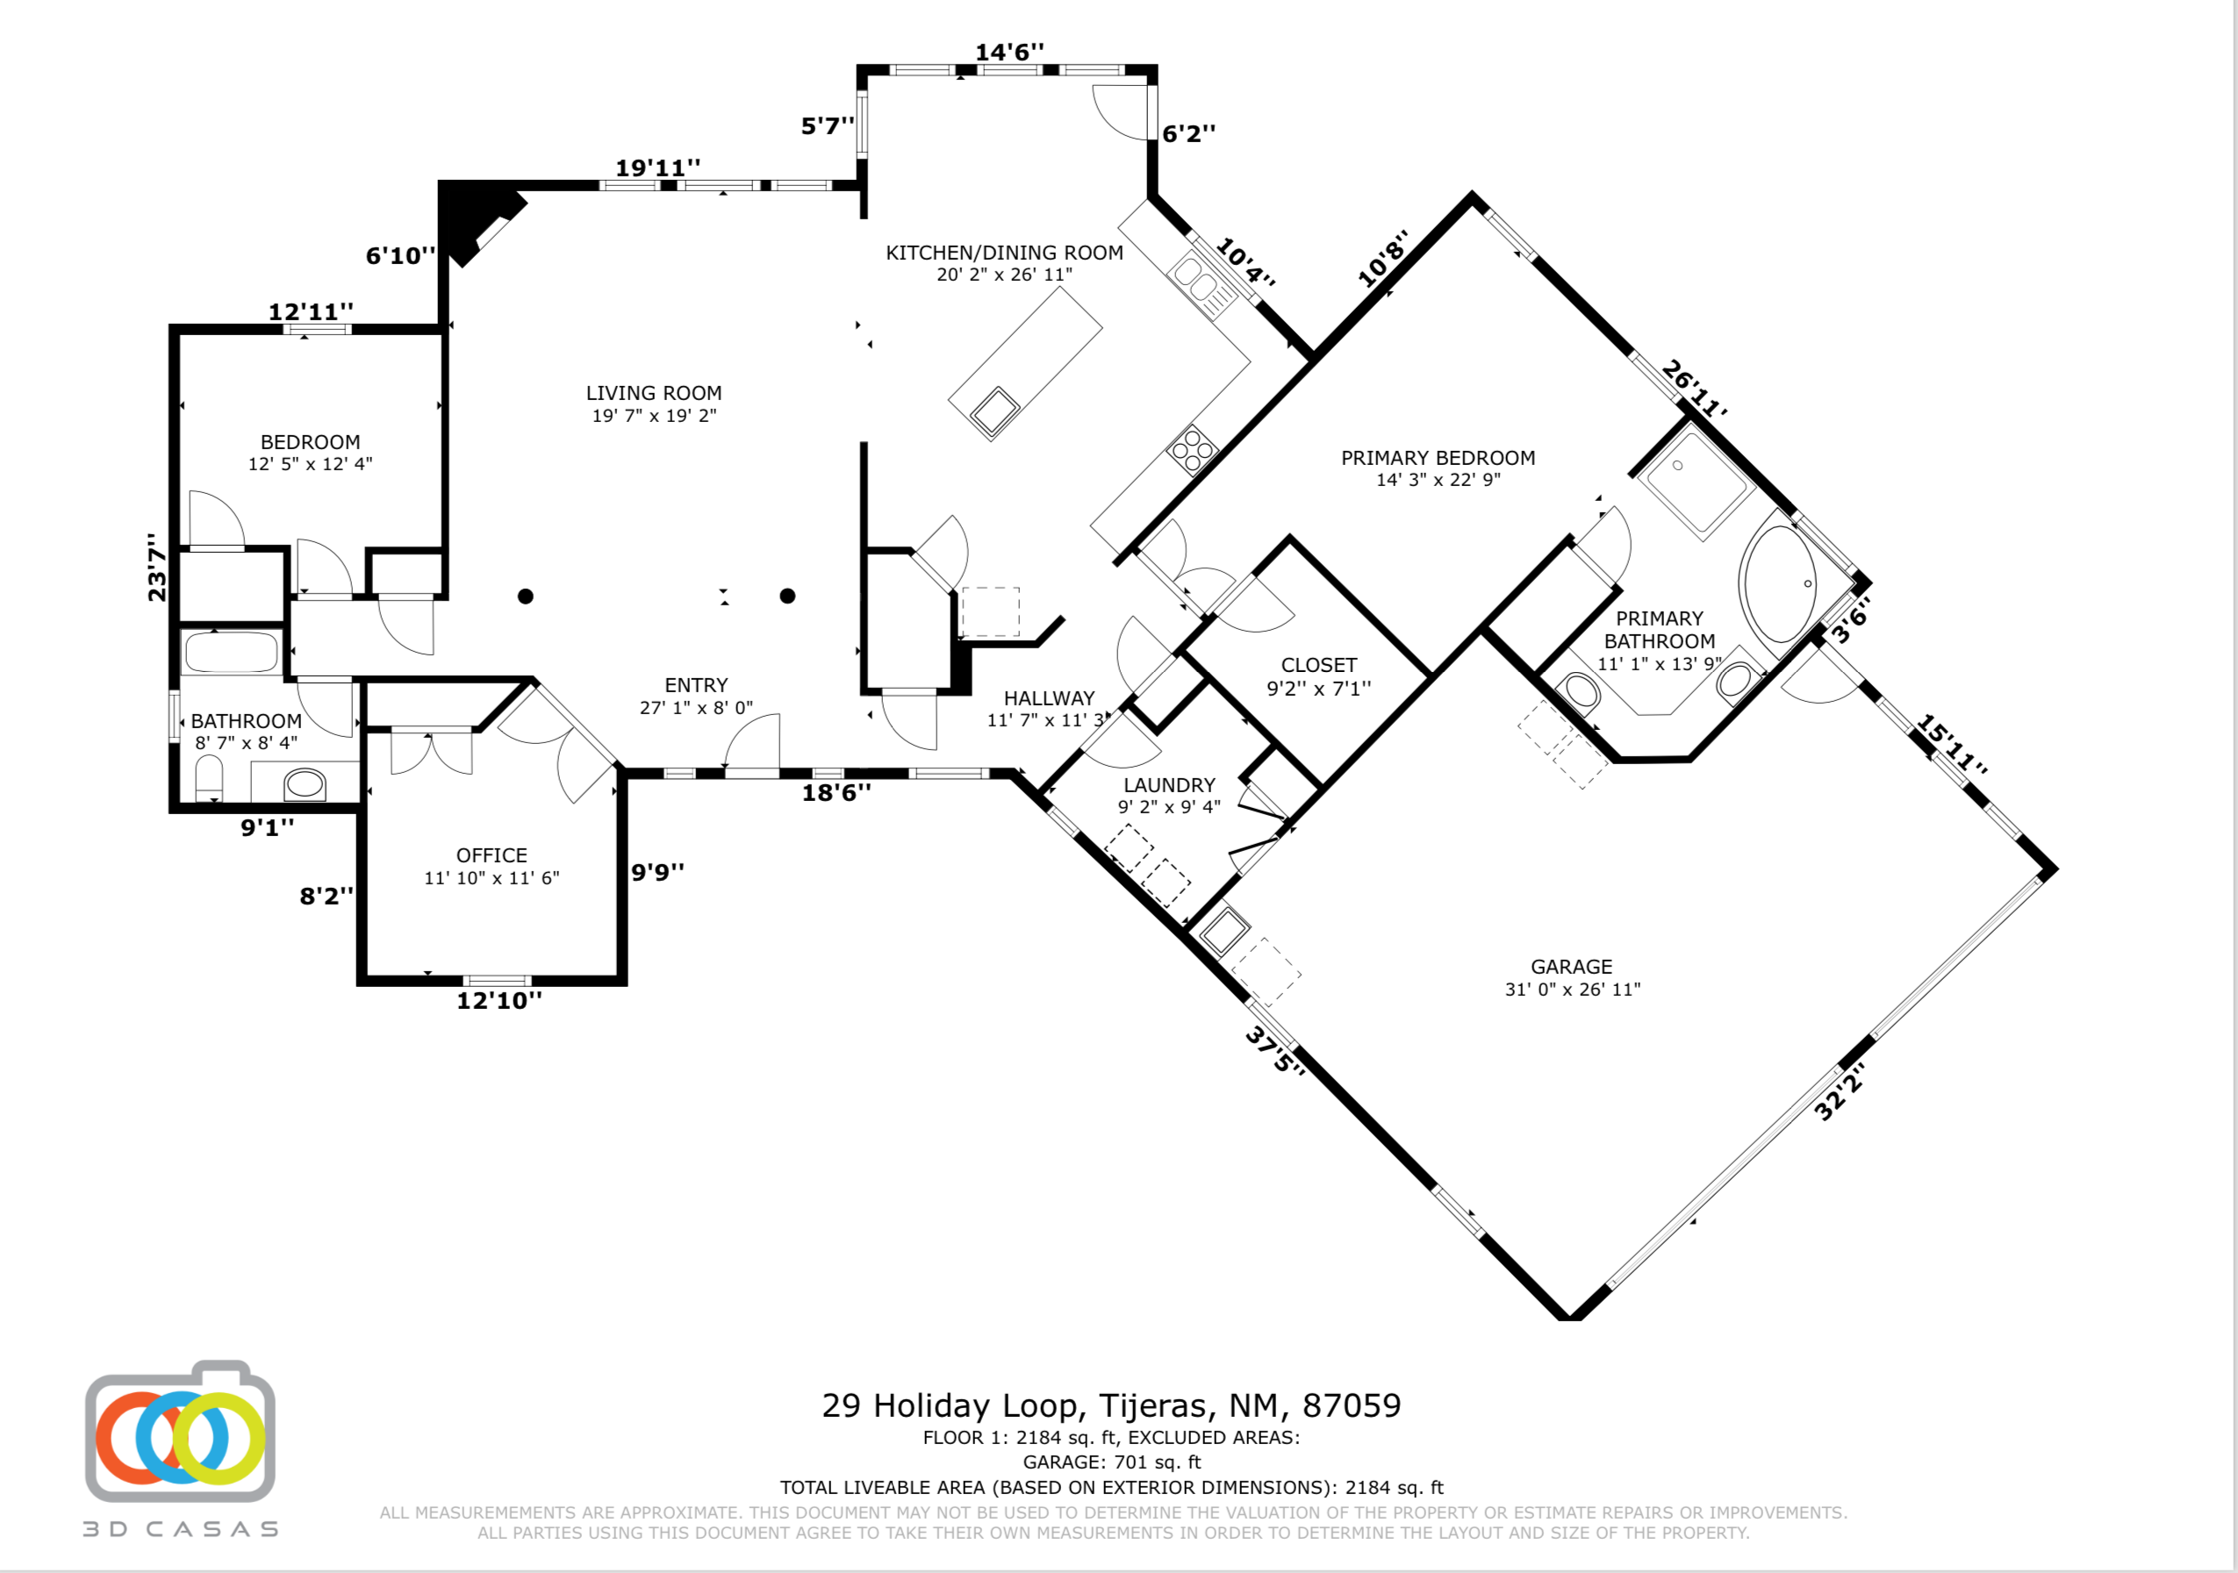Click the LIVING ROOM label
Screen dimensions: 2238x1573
tap(654, 393)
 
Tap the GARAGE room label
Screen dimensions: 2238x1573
tap(1571, 967)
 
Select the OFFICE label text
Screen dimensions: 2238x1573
tap(491, 855)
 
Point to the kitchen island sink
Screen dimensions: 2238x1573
tap(995, 411)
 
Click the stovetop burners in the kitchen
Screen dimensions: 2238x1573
tap(1192, 450)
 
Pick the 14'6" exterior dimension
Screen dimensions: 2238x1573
tap(1010, 52)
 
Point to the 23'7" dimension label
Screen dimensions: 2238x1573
tap(156, 568)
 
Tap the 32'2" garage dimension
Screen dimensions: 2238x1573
tap(1840, 1091)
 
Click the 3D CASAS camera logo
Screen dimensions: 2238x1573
tap(180, 1433)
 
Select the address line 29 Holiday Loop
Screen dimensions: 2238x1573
tap(1111, 1405)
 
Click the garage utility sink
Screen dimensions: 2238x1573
tap(1224, 932)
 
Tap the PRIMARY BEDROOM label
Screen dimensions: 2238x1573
tap(1438, 458)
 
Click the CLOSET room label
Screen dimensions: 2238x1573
tap(1319, 666)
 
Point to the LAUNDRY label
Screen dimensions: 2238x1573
tap(1169, 785)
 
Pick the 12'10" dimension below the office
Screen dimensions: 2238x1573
tap(499, 1001)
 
